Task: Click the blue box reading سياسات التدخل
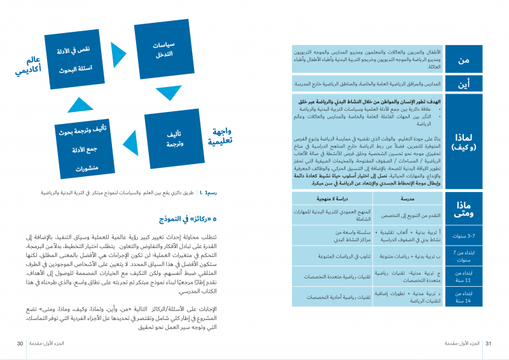164,50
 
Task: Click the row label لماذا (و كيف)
464,141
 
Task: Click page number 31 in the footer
489,343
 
